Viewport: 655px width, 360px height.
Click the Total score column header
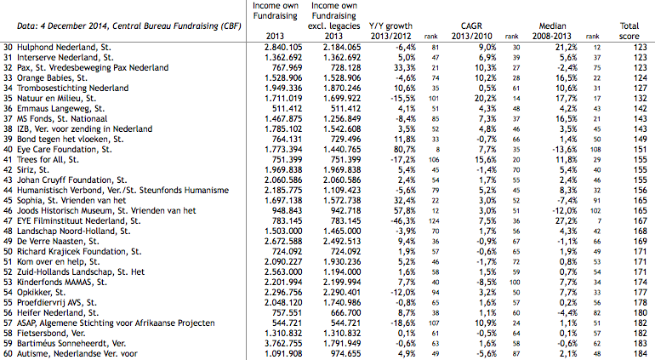629,31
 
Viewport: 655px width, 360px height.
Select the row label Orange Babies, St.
52,77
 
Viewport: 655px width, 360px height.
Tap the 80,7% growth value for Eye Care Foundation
404,149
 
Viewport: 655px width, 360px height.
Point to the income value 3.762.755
283,343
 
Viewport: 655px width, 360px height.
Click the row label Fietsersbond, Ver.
51,334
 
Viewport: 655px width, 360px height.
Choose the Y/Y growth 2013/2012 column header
390,31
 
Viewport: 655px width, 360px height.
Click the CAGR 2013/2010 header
471,31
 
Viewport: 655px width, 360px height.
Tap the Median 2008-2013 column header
552,31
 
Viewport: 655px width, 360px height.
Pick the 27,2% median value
566,220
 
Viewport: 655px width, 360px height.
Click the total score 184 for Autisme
640,354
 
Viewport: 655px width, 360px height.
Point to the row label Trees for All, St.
48,160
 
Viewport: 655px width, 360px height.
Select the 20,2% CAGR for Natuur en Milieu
486,98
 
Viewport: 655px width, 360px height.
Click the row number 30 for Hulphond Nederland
8,48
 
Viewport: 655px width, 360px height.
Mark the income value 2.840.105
283,48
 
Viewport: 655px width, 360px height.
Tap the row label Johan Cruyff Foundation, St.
71,180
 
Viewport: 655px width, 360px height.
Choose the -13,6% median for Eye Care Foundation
564,149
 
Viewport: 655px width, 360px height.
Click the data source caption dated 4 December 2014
129,26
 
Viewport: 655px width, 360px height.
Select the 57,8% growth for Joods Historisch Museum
404,211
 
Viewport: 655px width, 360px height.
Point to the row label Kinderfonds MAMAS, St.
62,283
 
